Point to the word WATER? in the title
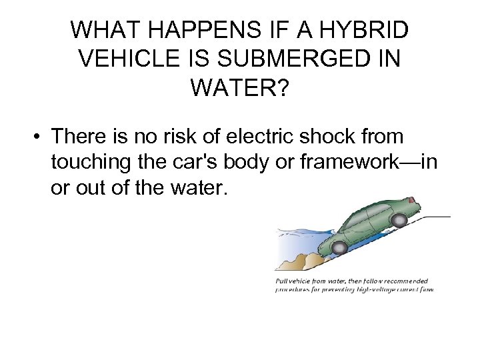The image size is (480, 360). click(x=239, y=87)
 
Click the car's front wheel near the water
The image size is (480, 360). click(x=339, y=248)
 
